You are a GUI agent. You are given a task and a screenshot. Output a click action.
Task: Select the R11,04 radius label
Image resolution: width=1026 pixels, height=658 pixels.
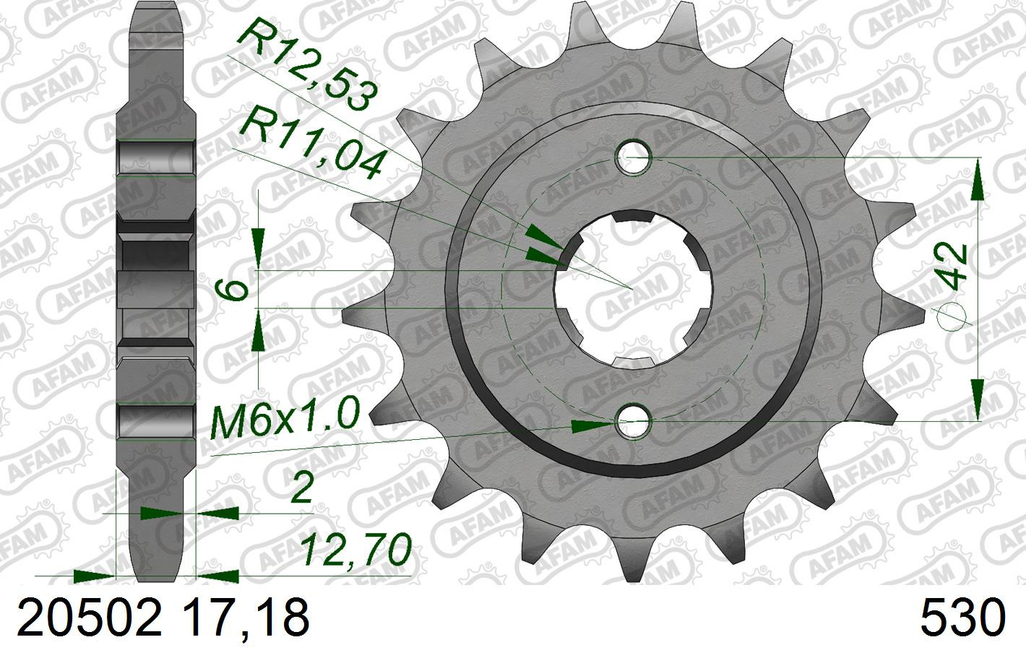coord(311,142)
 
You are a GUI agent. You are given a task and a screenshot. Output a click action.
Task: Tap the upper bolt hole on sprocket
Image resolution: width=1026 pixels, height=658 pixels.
coord(634,158)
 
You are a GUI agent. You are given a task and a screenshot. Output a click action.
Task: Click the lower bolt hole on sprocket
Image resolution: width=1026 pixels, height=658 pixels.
coord(634,421)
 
